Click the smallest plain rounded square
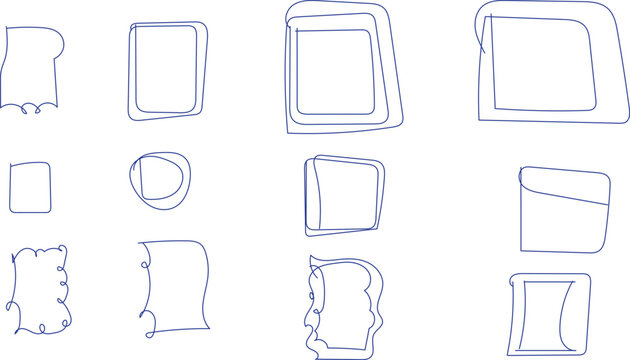(x=30, y=187)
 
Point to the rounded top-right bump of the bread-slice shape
(x=58, y=40)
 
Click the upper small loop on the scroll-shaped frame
(x=143, y=266)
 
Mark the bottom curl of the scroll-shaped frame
(x=149, y=322)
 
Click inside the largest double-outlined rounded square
(x=545, y=65)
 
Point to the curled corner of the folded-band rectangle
(x=523, y=177)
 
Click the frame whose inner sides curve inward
(x=548, y=313)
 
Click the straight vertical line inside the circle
(x=141, y=178)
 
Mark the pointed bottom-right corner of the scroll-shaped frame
(x=207, y=325)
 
